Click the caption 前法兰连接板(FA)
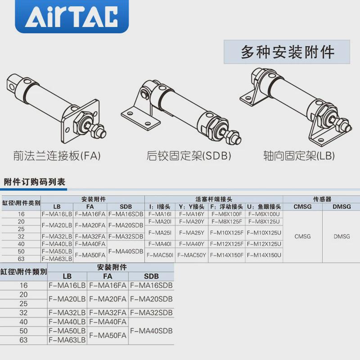coord(57,156)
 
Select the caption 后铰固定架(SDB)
coord(189,156)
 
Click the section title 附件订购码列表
coord(35,182)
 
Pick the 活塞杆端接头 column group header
coord(214,199)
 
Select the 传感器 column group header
coord(322,199)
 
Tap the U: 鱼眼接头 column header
coord(264,207)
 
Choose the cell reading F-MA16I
coord(160,214)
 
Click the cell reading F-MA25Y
coord(192,233)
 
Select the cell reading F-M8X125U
coord(264,221)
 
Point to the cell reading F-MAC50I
coord(160,255)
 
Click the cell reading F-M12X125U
coord(264,244)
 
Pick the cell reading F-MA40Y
coord(192,244)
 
